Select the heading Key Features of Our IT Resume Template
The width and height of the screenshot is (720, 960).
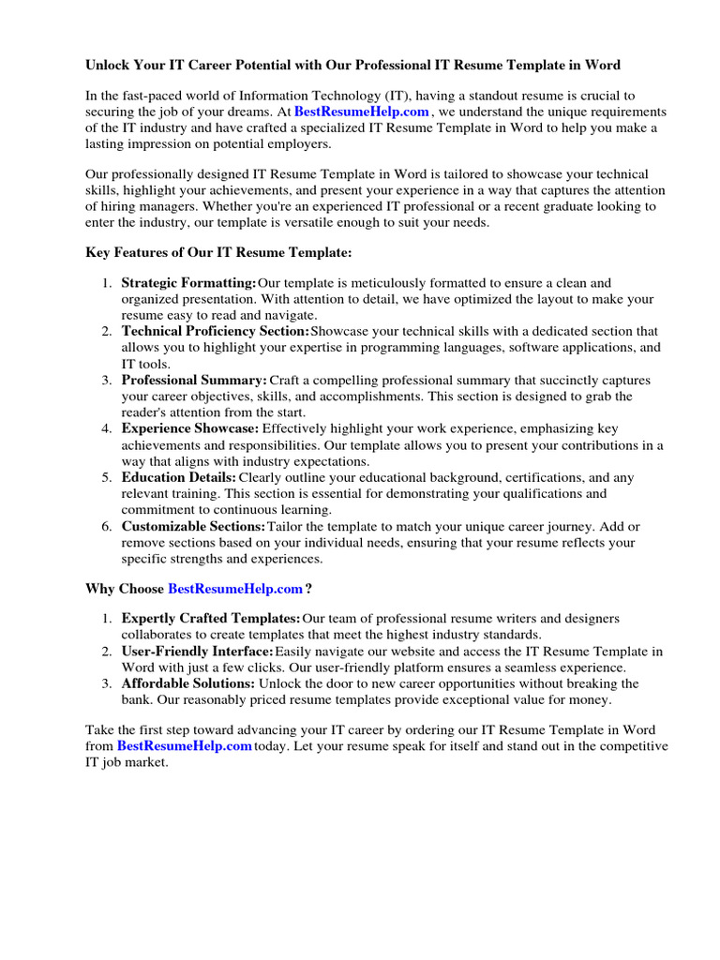click(x=218, y=252)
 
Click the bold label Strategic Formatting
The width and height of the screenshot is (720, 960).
click(x=188, y=283)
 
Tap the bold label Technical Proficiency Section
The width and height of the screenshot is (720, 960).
click(x=215, y=332)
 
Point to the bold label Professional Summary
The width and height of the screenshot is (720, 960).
click(x=194, y=381)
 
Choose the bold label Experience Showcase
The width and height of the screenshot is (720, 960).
click(x=189, y=428)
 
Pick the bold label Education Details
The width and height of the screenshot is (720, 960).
click(x=178, y=477)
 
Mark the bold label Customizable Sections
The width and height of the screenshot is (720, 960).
click(x=193, y=526)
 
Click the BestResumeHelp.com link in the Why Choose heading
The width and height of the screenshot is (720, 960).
click(x=235, y=589)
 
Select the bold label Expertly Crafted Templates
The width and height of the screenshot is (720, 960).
click(x=211, y=619)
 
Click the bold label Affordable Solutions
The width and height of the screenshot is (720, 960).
click(x=187, y=683)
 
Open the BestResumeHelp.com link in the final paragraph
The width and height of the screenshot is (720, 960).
click(x=184, y=746)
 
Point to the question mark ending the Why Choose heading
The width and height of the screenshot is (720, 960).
click(x=308, y=589)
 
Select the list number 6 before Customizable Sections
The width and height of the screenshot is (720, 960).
click(x=107, y=526)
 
